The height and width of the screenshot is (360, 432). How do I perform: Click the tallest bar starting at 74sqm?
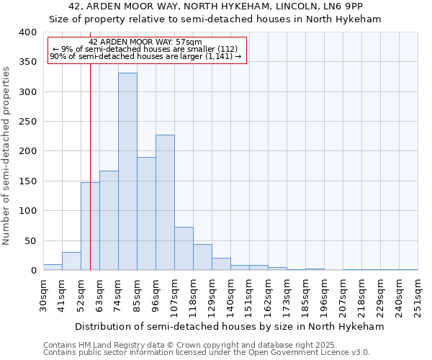pyautogui.click(x=127, y=172)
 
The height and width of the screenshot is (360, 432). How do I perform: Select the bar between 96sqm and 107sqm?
pyautogui.click(x=165, y=203)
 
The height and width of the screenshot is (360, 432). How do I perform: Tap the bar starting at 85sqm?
pyautogui.click(x=146, y=214)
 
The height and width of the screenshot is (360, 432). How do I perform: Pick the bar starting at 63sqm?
pyautogui.click(x=109, y=220)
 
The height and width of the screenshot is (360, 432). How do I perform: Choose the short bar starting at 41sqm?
pyautogui.click(x=71, y=261)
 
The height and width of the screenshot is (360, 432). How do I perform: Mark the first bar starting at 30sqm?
pyautogui.click(x=53, y=267)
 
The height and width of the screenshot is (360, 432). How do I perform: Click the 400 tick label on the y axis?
pyautogui.click(x=27, y=32)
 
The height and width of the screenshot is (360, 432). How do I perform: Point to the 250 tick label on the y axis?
pyautogui.click(x=27, y=122)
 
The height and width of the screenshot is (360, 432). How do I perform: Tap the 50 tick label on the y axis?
pyautogui.click(x=30, y=240)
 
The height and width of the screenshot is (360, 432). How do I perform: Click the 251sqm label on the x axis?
pyautogui.click(x=418, y=295)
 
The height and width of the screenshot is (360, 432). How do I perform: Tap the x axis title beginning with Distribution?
pyautogui.click(x=230, y=326)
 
